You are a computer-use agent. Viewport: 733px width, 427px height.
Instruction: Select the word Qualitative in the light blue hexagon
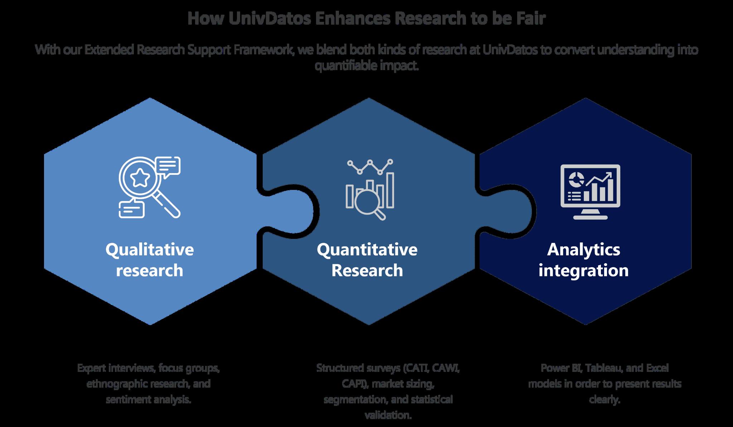(x=150, y=249)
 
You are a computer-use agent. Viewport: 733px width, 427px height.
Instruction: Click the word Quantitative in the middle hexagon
(x=367, y=249)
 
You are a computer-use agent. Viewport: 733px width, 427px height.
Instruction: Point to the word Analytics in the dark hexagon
(x=583, y=249)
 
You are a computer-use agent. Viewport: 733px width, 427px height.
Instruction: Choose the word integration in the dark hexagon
(x=583, y=270)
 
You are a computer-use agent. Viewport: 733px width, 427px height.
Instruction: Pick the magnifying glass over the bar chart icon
(x=369, y=202)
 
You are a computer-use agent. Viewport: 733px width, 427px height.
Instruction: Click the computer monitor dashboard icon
(x=590, y=191)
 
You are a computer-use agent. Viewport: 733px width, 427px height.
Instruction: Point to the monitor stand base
(x=590, y=217)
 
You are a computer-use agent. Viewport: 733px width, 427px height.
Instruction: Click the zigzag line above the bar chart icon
(x=370, y=166)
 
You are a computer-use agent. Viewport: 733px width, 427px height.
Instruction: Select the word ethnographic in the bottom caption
(x=117, y=384)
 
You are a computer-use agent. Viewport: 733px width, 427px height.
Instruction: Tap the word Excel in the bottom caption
(x=657, y=368)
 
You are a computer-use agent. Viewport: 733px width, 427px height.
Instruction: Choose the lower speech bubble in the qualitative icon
(x=131, y=209)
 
